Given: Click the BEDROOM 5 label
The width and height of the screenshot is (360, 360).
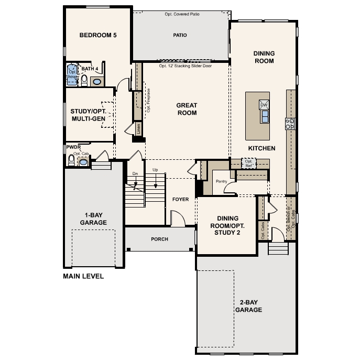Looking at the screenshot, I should coord(97,36).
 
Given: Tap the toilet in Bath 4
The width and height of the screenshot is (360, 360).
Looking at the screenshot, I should coord(84,80).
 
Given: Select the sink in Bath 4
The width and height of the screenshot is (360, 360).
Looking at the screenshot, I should coord(96,81).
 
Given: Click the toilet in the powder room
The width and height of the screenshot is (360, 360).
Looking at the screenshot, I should coord(71,160).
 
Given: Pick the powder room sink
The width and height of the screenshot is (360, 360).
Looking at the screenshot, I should coord(83,162).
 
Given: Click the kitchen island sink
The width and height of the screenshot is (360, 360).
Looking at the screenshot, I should coord(265,116).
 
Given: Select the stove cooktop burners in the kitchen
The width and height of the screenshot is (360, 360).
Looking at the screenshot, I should coord(289,124).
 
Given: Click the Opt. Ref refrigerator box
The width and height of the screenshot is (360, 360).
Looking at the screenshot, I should coord(249,163).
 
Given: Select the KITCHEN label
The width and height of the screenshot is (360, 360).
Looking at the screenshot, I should coord(261,148).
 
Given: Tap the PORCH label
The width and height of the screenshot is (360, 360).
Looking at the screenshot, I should coord(160,239).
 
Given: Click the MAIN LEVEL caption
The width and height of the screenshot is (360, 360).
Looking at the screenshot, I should coord(83,276).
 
